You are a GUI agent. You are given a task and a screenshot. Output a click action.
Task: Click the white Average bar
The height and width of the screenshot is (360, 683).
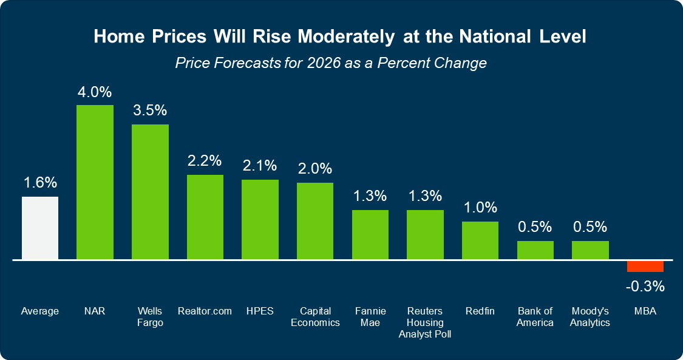point(40,228)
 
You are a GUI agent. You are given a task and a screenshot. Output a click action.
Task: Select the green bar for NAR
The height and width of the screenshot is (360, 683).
point(95,182)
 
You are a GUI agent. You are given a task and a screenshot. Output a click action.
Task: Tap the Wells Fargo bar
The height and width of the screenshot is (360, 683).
point(150,192)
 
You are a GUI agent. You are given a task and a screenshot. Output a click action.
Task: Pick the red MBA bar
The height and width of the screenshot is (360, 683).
point(645,267)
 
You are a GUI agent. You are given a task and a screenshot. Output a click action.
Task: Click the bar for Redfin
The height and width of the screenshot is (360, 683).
point(480,240)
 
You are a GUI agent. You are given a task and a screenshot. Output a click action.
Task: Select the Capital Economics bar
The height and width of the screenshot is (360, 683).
point(314,221)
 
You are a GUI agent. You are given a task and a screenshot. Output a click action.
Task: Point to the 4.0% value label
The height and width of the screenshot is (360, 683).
point(95,93)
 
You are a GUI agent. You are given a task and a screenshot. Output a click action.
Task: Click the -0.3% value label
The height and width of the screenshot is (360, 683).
point(645,286)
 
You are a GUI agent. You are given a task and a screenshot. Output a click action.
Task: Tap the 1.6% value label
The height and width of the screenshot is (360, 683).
point(40,183)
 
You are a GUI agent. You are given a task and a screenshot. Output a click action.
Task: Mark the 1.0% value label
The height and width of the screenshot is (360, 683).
point(480,208)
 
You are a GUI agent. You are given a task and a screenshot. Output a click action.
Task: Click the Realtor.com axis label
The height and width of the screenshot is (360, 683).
point(205,311)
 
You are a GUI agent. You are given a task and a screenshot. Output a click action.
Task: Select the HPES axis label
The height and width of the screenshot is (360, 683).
point(260,311)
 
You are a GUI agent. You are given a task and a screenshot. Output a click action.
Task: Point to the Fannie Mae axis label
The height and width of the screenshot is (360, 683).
point(370,316)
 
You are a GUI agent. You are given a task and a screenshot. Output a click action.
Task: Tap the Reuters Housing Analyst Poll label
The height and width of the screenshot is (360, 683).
point(425,322)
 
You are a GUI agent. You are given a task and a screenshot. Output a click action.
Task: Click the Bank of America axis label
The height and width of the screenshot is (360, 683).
point(535,316)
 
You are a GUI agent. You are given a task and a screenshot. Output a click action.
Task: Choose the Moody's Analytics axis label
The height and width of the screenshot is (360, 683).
point(590,316)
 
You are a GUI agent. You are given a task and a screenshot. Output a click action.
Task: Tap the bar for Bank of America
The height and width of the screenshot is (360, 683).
point(535,250)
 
